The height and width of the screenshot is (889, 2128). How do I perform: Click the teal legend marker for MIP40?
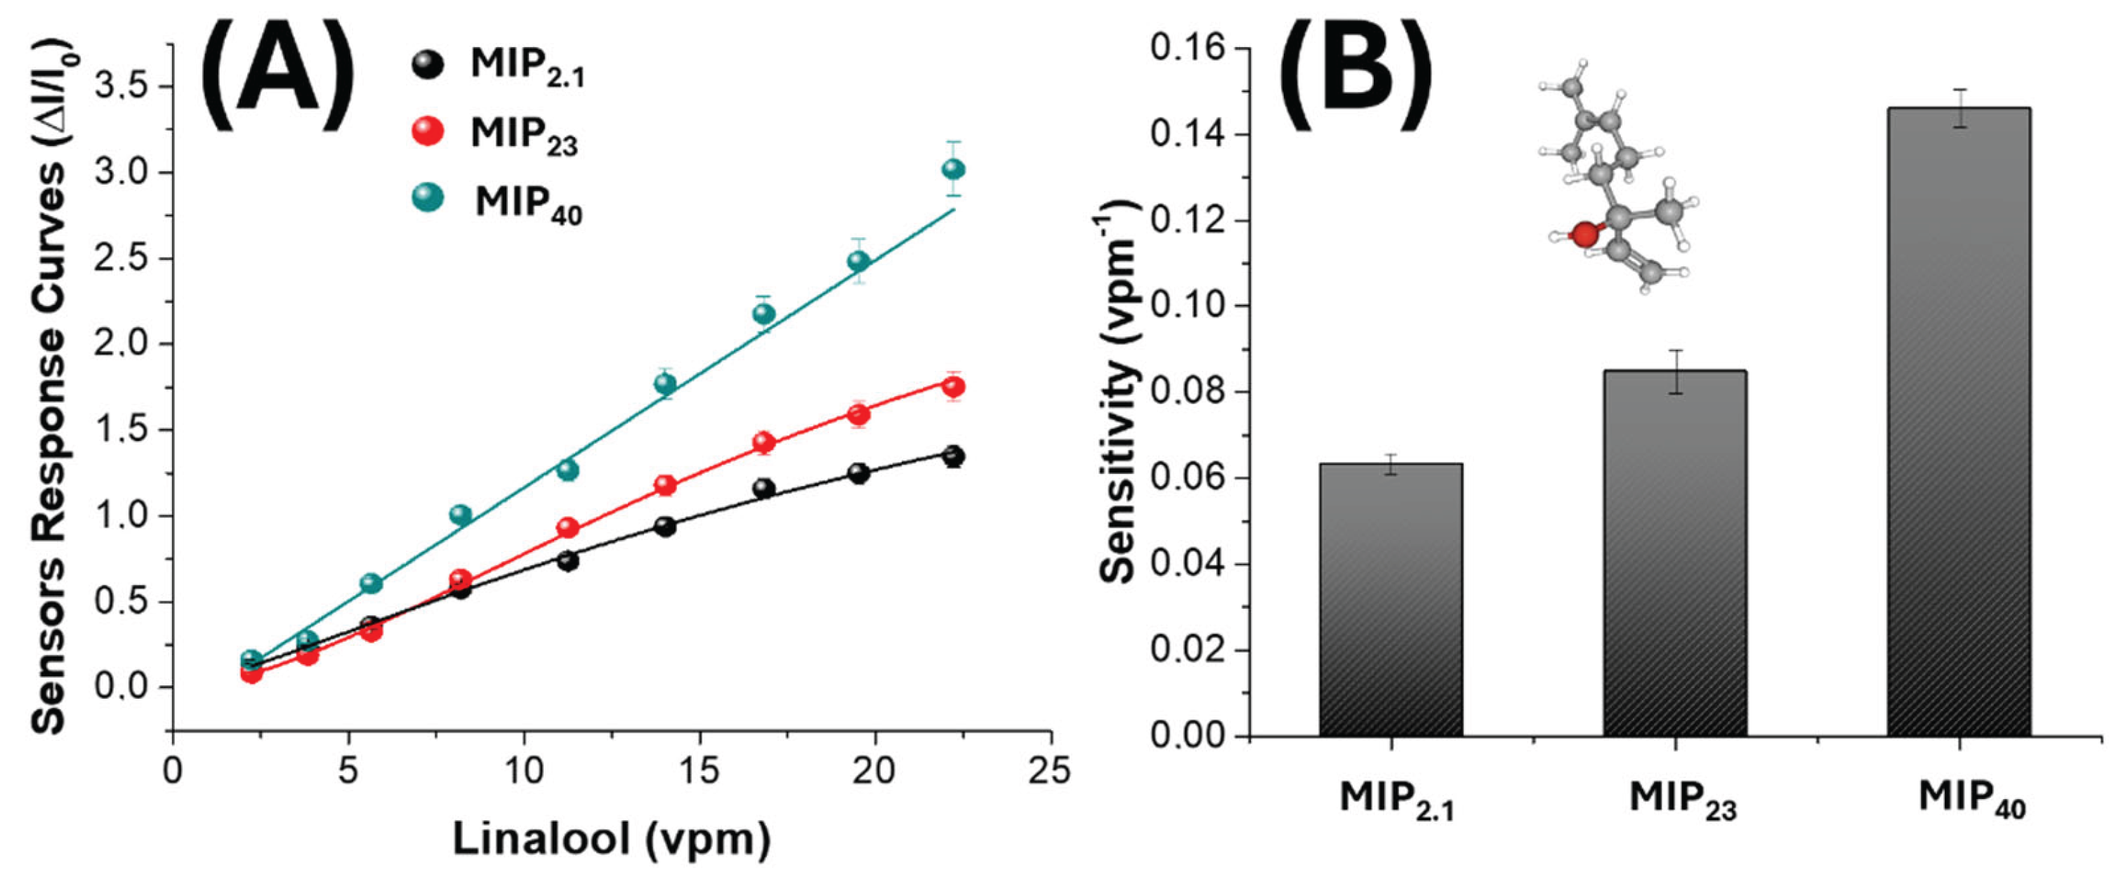point(428,197)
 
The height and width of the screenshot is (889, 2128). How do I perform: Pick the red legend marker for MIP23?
point(428,131)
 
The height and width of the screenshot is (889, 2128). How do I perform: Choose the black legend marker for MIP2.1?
point(428,62)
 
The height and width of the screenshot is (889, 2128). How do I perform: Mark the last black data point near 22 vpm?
point(954,455)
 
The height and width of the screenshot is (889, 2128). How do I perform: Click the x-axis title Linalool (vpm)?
point(611,839)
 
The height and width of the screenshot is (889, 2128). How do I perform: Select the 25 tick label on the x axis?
point(1049,771)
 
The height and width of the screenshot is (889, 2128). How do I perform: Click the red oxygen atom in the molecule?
point(1584,235)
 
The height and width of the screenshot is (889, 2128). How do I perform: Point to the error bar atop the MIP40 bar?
point(1959,108)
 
